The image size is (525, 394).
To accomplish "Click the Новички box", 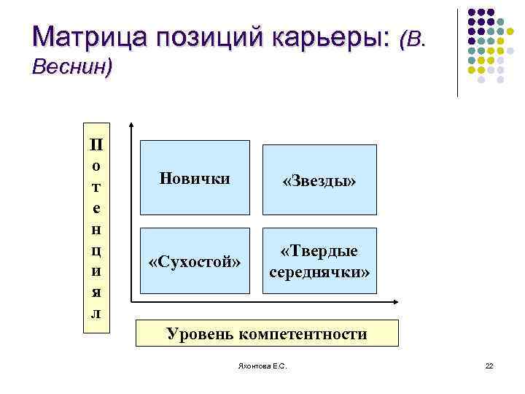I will coord(195,177).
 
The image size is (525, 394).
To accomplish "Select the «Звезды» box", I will coord(319,179).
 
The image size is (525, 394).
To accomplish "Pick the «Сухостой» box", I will coord(195,260).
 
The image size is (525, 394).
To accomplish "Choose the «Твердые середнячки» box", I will coord(319,261).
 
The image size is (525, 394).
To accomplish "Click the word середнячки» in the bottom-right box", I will coord(319,272).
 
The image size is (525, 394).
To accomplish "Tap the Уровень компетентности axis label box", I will coord(268,333).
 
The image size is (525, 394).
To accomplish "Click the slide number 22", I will coord(489,366).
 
